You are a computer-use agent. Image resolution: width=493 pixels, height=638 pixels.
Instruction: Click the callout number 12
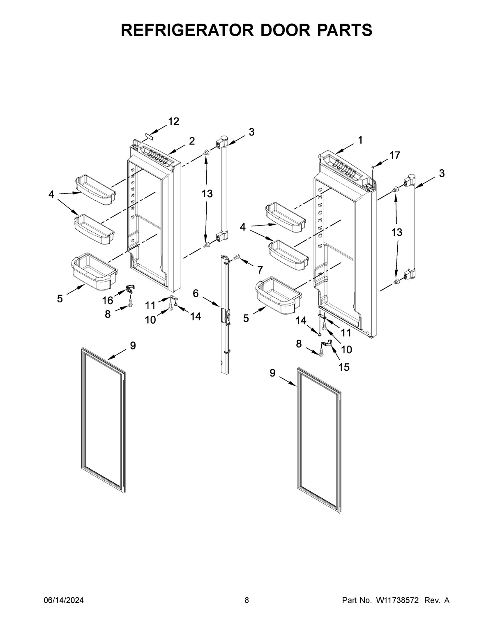(173, 122)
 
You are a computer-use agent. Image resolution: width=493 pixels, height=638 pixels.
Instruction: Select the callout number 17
(394, 155)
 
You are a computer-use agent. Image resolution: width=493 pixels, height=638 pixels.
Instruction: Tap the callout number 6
(196, 293)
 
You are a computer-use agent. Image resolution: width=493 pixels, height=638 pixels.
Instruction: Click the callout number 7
(260, 270)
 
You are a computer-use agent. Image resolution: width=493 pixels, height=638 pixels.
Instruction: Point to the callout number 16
(108, 301)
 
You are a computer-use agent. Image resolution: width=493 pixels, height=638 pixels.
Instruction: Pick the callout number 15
(344, 367)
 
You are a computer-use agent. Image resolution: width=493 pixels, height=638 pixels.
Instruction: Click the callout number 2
(191, 141)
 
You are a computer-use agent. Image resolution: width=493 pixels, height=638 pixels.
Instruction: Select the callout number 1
(360, 140)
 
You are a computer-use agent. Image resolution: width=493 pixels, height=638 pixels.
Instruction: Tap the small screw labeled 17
(372, 167)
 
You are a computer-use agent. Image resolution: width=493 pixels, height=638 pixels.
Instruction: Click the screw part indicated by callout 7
(236, 258)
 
